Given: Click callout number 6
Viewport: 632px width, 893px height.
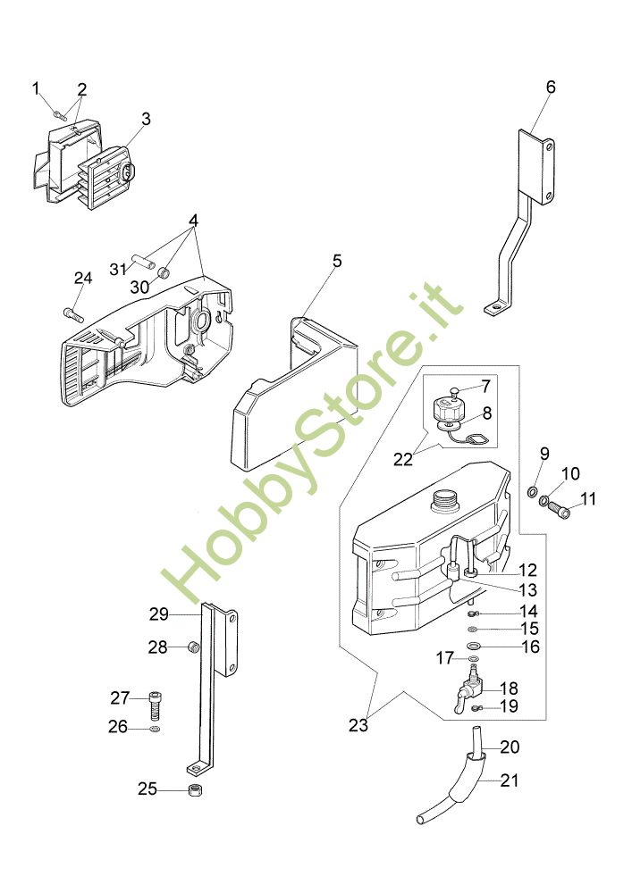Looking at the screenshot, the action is coord(551,87).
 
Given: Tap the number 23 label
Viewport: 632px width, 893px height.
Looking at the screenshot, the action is coord(358,726).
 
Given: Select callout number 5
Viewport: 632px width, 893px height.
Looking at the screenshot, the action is coord(337,261).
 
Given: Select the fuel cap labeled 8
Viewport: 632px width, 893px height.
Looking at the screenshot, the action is coord(447,413).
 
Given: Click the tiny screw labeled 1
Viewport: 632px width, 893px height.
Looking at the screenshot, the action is coord(58,113).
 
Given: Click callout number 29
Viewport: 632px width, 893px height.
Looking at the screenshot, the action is coord(159,614).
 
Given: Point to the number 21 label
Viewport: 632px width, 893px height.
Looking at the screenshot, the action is coord(509,780).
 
